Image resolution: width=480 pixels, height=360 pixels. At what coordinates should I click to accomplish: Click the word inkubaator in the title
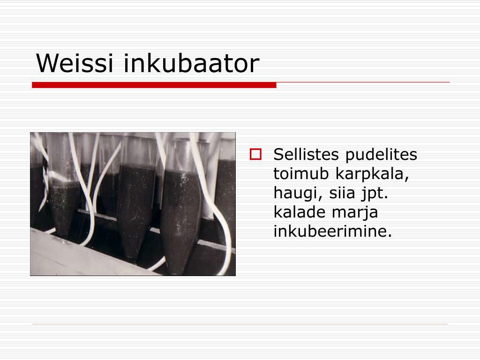tap(192, 63)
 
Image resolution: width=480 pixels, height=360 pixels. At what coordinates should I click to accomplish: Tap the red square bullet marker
tap(255, 154)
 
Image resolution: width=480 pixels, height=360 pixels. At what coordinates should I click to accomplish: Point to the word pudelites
tap(381, 155)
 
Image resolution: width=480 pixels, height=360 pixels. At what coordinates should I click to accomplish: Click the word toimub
tap(300, 173)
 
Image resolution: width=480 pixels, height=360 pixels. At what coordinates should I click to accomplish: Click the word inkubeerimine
tap(332, 231)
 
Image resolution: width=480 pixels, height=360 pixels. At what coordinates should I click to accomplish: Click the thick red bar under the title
tap(154, 85)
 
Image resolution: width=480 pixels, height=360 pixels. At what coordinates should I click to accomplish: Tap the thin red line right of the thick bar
tap(363, 82)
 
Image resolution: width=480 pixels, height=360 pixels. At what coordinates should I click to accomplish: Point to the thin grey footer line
tap(240, 324)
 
